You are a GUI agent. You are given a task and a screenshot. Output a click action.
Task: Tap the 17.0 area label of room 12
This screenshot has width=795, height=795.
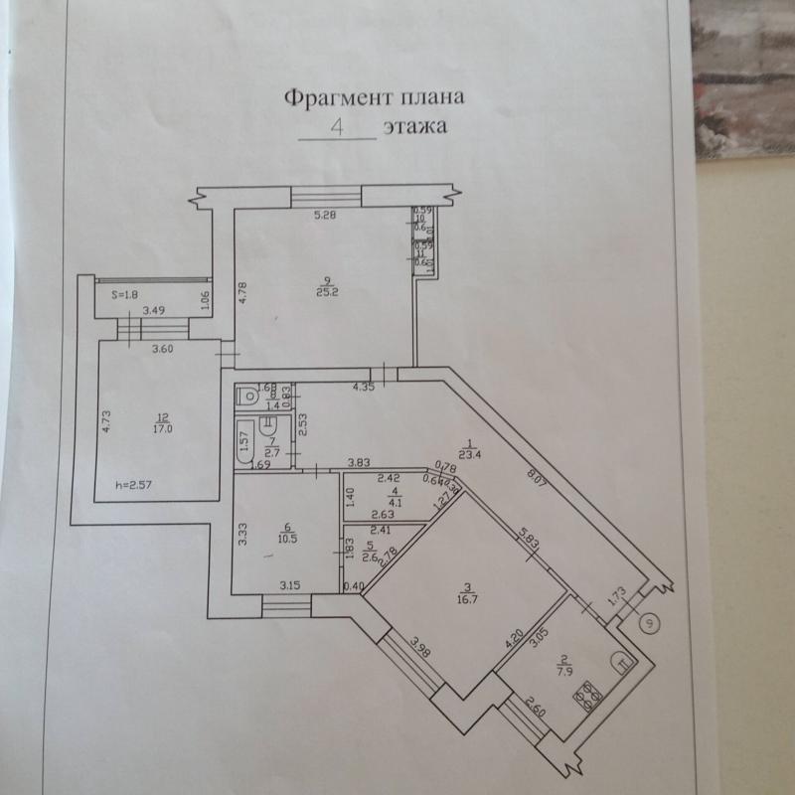pos(162,430)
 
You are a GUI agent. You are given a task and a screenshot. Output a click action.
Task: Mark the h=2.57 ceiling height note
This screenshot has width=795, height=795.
pos(135,485)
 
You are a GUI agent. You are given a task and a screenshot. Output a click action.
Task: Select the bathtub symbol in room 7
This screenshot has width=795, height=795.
pos(244,441)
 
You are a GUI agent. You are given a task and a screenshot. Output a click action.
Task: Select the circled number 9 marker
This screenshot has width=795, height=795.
pos(649,623)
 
